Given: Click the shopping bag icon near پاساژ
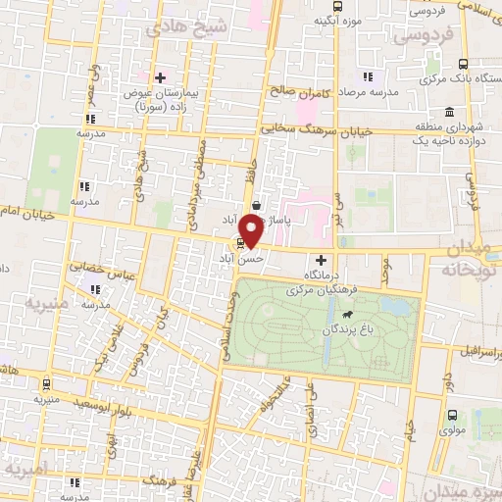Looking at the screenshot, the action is pyautogui.click(x=257, y=206).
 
